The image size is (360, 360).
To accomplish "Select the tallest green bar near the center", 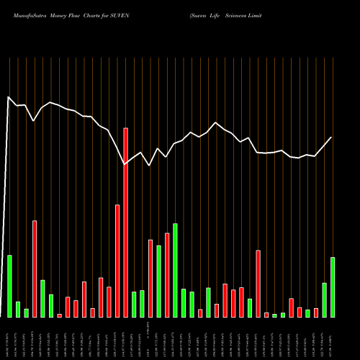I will click(x=175, y=270).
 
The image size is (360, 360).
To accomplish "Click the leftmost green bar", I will click(x=9, y=286).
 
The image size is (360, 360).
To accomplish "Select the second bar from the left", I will click(x=18, y=309).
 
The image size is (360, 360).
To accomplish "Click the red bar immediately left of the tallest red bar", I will click(x=117, y=261).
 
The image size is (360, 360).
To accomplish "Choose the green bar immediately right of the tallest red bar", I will click(x=134, y=304).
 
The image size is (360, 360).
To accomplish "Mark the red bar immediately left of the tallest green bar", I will click(x=167, y=274).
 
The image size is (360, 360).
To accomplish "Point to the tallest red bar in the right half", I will click(x=258, y=283).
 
